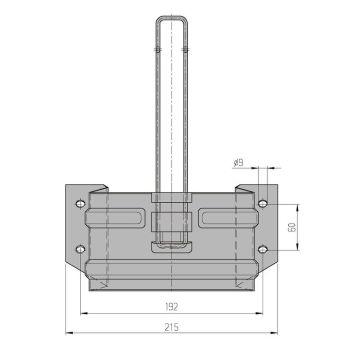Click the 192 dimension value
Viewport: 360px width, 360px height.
coord(171,307)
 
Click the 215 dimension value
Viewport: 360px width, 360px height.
coord(171,327)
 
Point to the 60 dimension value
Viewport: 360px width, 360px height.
coord(292,227)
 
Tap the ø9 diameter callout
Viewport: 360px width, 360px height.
coord(239,163)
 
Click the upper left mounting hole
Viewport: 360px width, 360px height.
coord(80,203)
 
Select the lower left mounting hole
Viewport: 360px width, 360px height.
coord(80,249)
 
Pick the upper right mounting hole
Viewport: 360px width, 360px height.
coord(263,203)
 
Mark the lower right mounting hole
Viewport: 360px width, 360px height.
coord(263,249)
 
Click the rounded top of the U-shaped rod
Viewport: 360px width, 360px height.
coord(172,17)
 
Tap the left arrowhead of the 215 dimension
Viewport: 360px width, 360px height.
coord(69,333)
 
